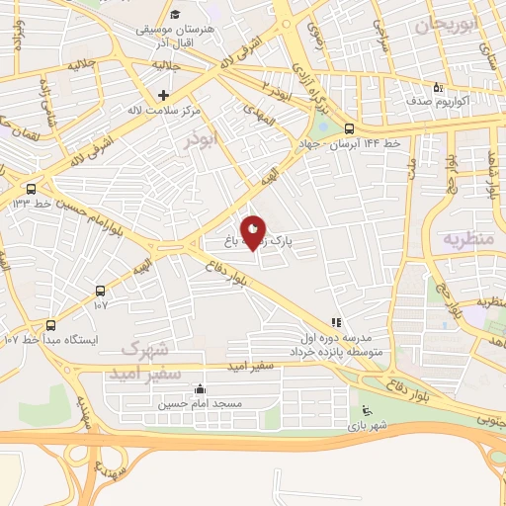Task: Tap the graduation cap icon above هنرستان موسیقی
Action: click(x=175, y=14)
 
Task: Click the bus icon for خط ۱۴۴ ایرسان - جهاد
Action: click(x=349, y=127)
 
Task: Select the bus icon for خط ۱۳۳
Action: click(x=32, y=188)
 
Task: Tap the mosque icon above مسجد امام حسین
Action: click(x=201, y=388)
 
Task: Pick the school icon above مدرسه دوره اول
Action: click(x=336, y=322)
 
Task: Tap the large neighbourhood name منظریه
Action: click(x=467, y=239)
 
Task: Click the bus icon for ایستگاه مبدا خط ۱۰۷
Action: click(x=100, y=291)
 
